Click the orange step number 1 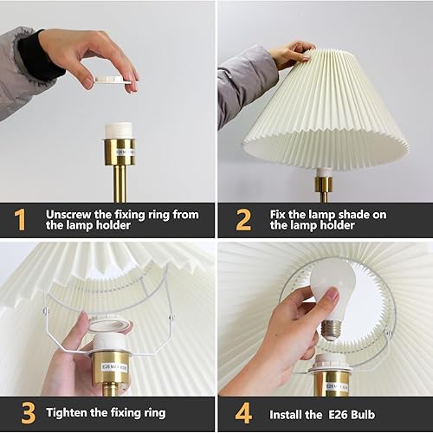click(20, 220)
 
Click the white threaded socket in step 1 click(120, 131)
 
